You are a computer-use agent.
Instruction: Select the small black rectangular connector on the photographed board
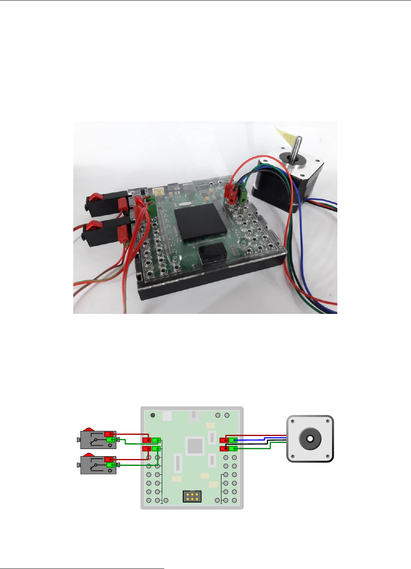[x=212, y=253]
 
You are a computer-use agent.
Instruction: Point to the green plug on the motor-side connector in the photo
[x=243, y=195]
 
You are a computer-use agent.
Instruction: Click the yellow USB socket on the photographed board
[x=159, y=192]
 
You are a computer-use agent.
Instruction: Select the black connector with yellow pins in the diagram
[x=192, y=496]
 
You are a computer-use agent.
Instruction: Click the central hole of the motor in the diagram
[x=310, y=438]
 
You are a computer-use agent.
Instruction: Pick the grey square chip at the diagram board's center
[x=195, y=446]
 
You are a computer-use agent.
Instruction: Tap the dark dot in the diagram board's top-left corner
[x=153, y=415]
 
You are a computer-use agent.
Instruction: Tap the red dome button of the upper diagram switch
[x=89, y=428]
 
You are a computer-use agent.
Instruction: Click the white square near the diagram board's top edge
[x=167, y=415]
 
